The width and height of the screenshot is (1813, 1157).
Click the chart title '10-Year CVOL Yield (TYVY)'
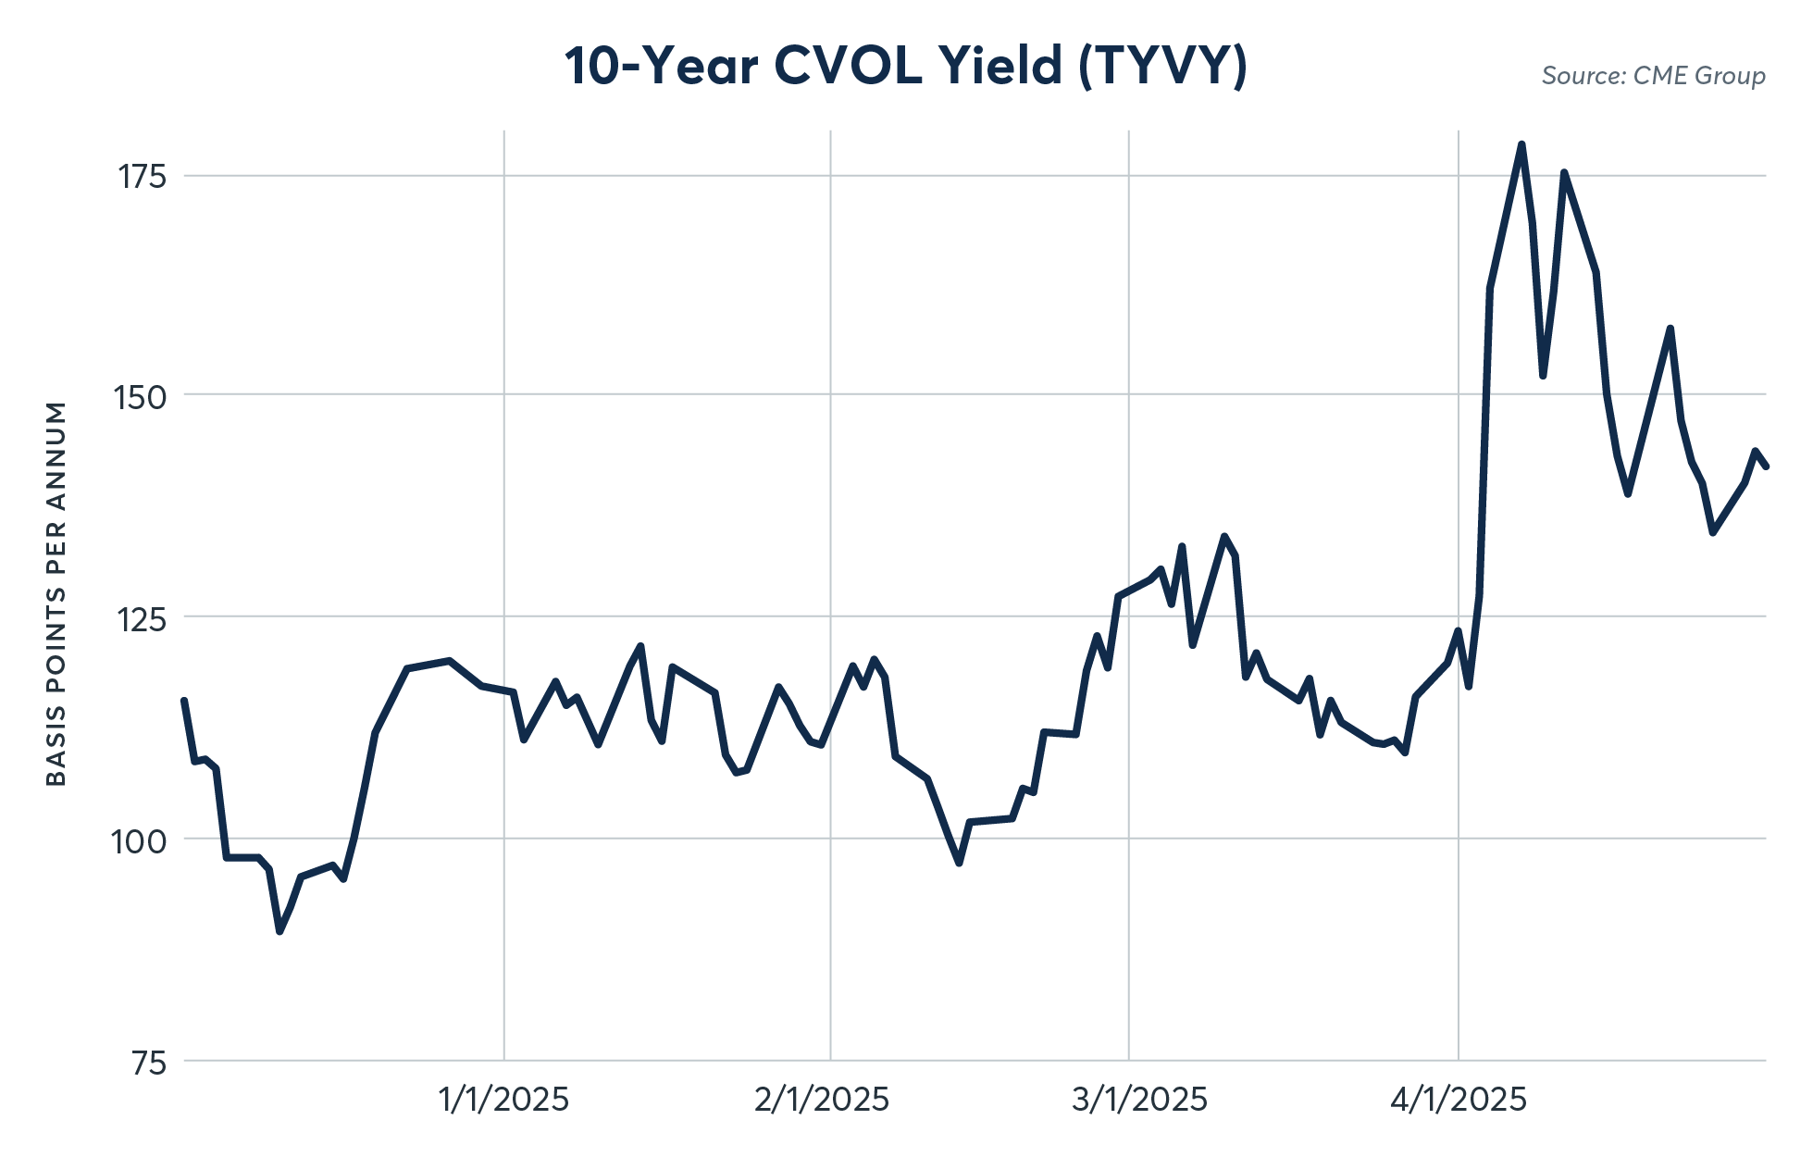(906, 67)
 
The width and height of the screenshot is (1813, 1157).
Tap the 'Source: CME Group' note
(1653, 76)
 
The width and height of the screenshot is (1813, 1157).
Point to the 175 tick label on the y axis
(142, 176)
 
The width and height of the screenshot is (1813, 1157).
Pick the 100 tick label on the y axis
(140, 840)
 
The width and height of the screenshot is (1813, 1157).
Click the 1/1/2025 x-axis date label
(503, 1100)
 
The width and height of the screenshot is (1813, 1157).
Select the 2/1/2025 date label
(822, 1100)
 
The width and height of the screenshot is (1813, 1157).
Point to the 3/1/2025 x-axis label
(1139, 1100)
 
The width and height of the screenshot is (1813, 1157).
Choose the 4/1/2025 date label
(1459, 1100)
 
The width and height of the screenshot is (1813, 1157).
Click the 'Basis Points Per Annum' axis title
(56, 593)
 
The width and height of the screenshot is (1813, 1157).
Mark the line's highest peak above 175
(1521, 144)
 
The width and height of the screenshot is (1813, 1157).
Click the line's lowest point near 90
(279, 931)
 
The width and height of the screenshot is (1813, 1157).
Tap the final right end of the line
(1766, 467)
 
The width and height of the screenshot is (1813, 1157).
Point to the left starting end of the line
(184, 701)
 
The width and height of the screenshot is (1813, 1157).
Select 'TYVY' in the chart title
(1163, 67)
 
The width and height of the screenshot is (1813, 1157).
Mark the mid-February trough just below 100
(959, 863)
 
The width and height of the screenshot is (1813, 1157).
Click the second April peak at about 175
(1564, 172)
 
